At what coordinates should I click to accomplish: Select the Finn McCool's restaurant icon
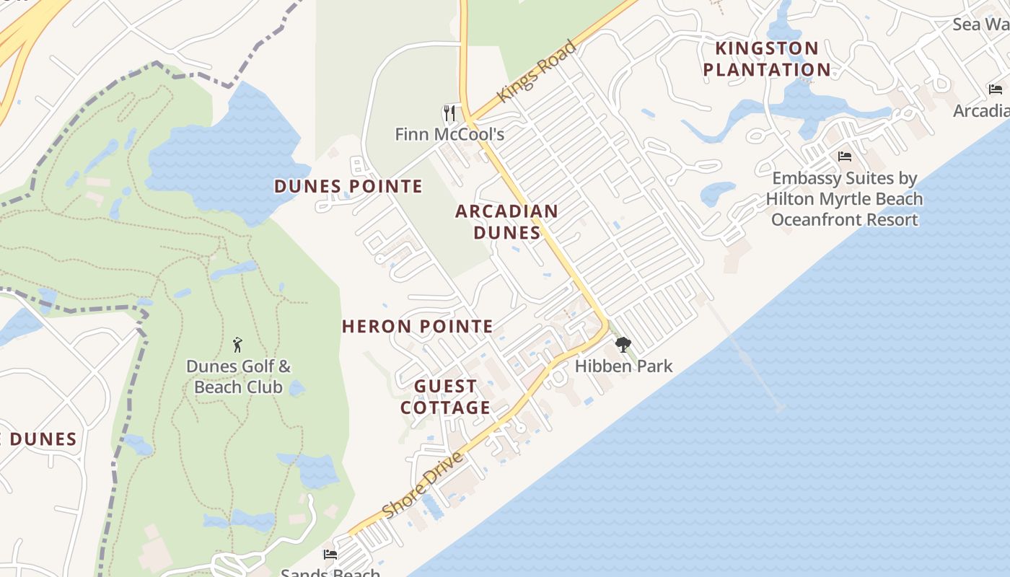tap(449, 113)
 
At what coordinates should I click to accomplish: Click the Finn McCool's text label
tap(449, 134)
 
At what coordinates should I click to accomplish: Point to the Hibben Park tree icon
tap(623, 345)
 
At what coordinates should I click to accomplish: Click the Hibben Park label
tap(623, 366)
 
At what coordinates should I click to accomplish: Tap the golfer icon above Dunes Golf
tap(238, 345)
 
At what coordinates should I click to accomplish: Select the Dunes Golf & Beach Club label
tap(238, 376)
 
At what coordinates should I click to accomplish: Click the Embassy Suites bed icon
tap(844, 157)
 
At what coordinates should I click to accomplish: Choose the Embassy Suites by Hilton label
tap(844, 198)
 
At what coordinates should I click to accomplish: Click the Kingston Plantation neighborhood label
tap(767, 59)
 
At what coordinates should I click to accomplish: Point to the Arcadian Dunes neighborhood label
tap(506, 221)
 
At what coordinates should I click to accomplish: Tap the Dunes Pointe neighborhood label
tap(348, 186)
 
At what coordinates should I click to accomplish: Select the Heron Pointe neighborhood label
tap(418, 327)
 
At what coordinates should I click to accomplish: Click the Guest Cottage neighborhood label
tap(445, 397)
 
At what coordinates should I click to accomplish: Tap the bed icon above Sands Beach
tap(330, 555)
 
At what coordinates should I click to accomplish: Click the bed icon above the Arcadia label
tap(996, 89)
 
